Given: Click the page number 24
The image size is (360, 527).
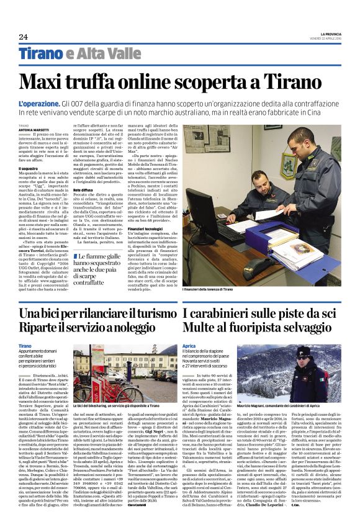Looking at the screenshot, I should tap(23, 37).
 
